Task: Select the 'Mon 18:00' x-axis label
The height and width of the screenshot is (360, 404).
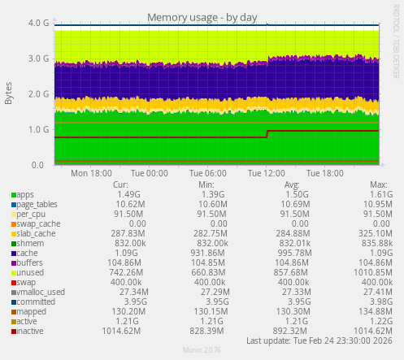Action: [91, 173]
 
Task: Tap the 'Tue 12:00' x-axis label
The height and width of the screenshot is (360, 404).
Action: [265, 173]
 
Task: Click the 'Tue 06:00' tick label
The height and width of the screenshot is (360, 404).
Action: [206, 173]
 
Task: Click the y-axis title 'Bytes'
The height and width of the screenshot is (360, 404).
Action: [9, 93]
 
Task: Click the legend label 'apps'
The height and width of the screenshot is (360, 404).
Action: [25, 195]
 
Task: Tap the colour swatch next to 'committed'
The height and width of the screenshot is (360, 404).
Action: [13, 302]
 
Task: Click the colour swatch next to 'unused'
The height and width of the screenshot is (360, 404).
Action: [13, 273]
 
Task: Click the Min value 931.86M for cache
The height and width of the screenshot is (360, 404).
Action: [208, 254]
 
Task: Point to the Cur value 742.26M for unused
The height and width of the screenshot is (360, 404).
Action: [130, 273]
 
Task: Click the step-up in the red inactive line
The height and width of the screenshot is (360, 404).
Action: [267, 133]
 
